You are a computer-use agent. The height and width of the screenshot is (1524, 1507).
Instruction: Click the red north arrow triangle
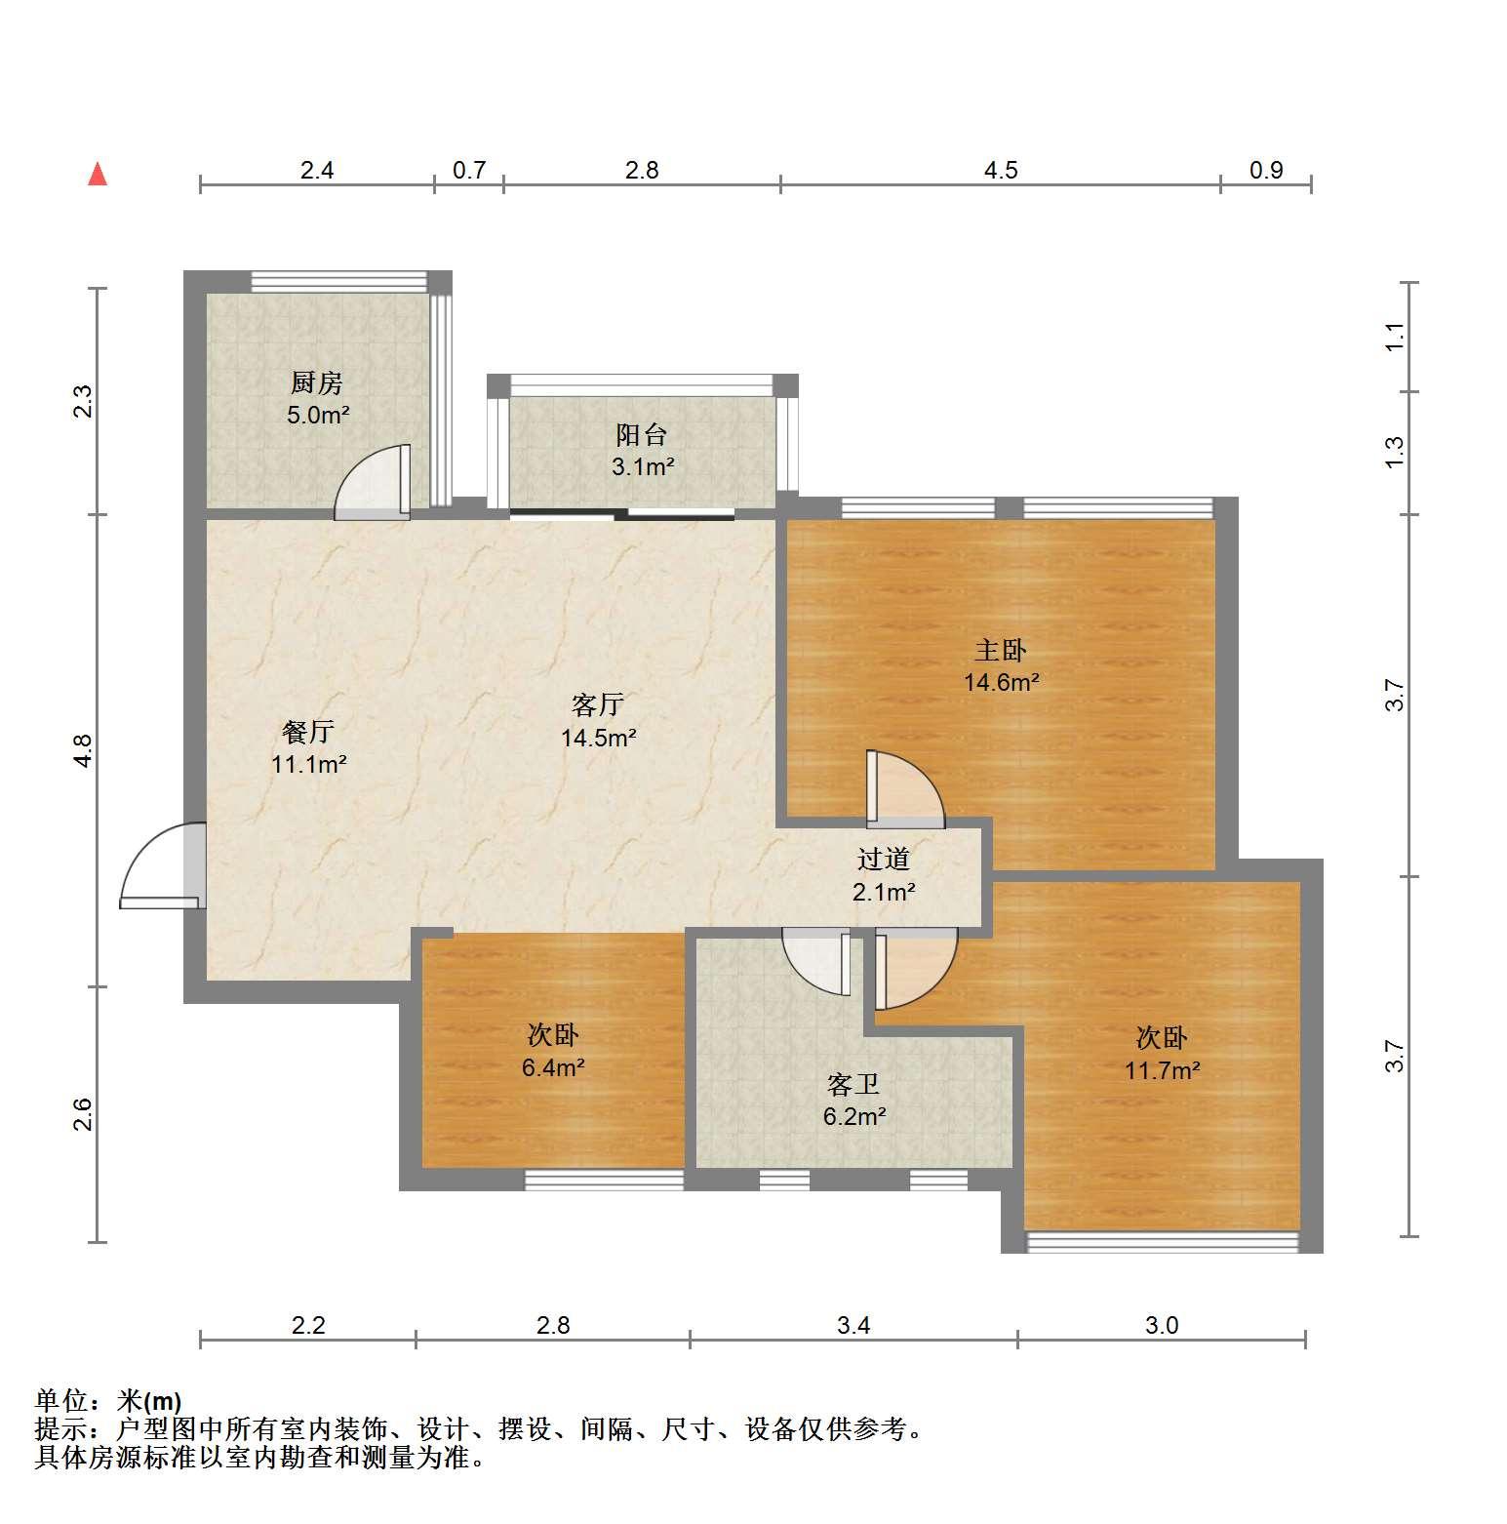click(98, 174)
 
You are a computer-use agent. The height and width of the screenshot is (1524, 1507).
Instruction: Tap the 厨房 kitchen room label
click(317, 382)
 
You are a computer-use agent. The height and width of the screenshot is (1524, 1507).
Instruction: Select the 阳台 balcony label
click(642, 434)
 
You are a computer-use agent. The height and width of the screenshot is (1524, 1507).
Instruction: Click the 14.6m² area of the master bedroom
click(1002, 682)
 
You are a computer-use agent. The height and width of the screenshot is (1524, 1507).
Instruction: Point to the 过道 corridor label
click(884, 859)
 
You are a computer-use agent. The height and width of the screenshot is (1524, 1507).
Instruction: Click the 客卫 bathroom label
click(853, 1084)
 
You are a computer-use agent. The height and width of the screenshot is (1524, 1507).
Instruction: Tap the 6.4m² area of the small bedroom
click(553, 1067)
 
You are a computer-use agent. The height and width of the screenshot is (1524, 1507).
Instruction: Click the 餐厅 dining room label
click(308, 731)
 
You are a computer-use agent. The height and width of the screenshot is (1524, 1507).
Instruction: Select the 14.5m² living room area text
click(599, 738)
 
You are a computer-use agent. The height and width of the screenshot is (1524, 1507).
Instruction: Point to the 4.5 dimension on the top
click(1001, 171)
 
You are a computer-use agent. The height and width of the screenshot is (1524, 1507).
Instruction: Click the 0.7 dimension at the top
click(469, 171)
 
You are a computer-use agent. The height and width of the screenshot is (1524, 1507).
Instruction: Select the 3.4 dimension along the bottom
click(853, 1325)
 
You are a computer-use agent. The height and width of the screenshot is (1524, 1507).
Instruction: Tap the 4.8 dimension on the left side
click(83, 750)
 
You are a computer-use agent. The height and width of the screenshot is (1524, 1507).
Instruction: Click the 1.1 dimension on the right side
click(1395, 338)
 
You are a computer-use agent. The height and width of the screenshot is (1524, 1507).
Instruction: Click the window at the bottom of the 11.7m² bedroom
click(1163, 1241)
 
